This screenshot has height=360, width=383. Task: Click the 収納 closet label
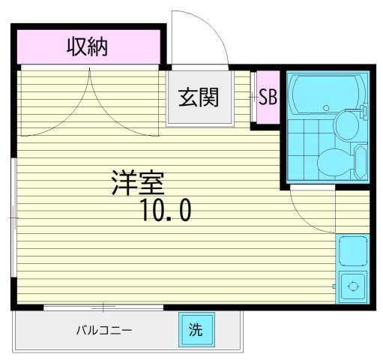88,47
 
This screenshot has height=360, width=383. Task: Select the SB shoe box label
267,97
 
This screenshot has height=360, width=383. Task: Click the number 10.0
164,212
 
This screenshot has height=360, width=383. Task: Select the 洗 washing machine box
195,328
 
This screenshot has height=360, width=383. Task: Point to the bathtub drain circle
327,107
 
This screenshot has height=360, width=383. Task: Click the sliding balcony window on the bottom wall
103,307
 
